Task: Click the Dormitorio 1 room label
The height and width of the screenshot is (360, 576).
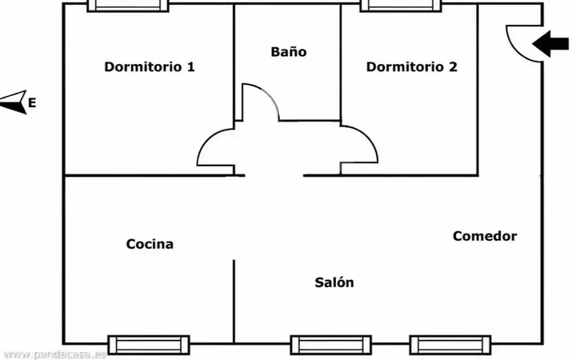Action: (150, 67)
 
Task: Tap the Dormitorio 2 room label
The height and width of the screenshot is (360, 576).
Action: (412, 67)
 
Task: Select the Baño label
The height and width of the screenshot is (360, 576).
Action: (289, 52)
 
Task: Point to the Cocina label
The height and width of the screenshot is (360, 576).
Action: (150, 244)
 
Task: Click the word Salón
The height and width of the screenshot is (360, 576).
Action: (334, 282)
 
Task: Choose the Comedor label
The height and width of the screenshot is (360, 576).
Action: (485, 236)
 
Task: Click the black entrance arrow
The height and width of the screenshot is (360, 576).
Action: (550, 44)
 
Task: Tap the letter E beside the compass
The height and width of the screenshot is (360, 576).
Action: (32, 103)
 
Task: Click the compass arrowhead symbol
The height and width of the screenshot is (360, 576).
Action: (14, 102)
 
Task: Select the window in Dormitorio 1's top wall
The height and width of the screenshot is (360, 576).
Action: (128, 6)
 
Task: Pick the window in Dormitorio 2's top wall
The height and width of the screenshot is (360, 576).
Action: (401, 6)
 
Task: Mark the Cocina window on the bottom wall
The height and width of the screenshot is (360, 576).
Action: (149, 345)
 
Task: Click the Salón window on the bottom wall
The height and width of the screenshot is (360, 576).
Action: (331, 345)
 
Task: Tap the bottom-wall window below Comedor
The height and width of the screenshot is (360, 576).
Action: (450, 345)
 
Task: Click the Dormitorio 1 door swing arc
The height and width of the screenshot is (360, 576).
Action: (206, 138)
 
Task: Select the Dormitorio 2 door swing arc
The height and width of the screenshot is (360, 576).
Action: (370, 137)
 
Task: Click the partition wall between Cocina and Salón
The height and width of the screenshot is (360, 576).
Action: (234, 302)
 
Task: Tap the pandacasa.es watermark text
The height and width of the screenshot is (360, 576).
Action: (54, 354)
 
